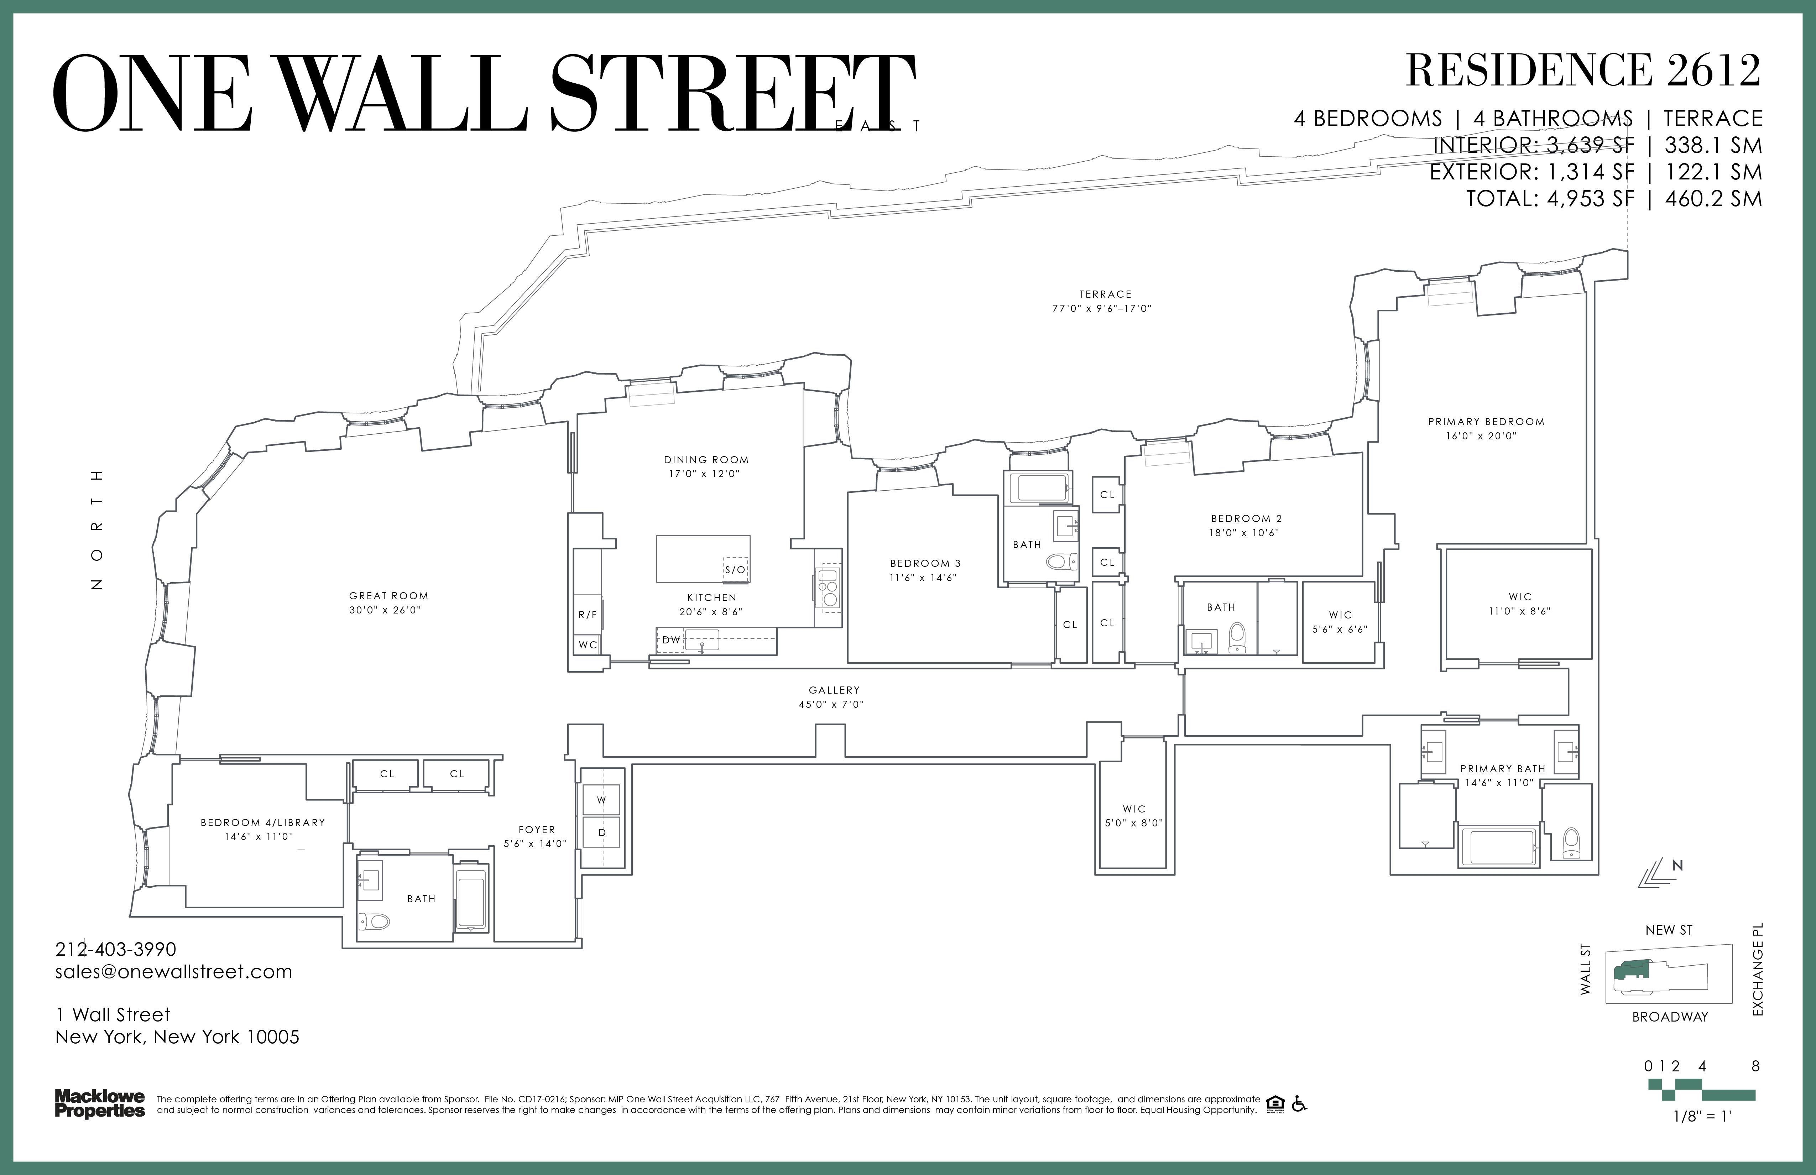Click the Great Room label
pyautogui.click(x=388, y=596)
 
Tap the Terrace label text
pyautogui.click(x=1105, y=294)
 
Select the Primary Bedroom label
pyautogui.click(x=1486, y=421)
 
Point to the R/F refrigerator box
pyautogui.click(x=588, y=614)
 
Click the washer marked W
pyautogui.click(x=601, y=800)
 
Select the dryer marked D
pyautogui.click(x=601, y=832)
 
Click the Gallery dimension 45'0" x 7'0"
pyautogui.click(x=834, y=704)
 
